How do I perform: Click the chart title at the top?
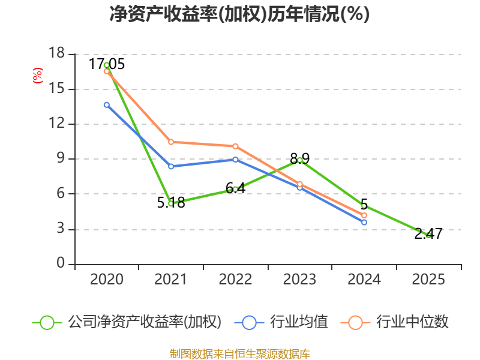tap(239, 14)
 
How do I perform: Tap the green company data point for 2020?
tap(106, 65)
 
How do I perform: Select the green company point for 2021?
tap(171, 203)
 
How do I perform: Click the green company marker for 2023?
tap(300, 160)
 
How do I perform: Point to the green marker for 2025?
tap(428, 235)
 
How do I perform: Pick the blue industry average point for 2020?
tap(106, 104)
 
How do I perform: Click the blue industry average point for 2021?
tap(171, 166)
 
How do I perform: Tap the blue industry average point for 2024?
tap(364, 222)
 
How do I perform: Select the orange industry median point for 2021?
tap(171, 142)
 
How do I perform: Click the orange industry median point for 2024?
tap(364, 215)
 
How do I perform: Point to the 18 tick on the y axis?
tap(56, 54)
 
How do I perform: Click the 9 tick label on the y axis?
tap(61, 159)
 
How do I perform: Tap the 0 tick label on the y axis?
tap(61, 264)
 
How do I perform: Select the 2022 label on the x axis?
tap(235, 280)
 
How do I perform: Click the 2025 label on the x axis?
tap(428, 280)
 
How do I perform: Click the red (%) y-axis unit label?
tap(38, 76)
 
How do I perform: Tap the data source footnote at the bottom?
tap(239, 353)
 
